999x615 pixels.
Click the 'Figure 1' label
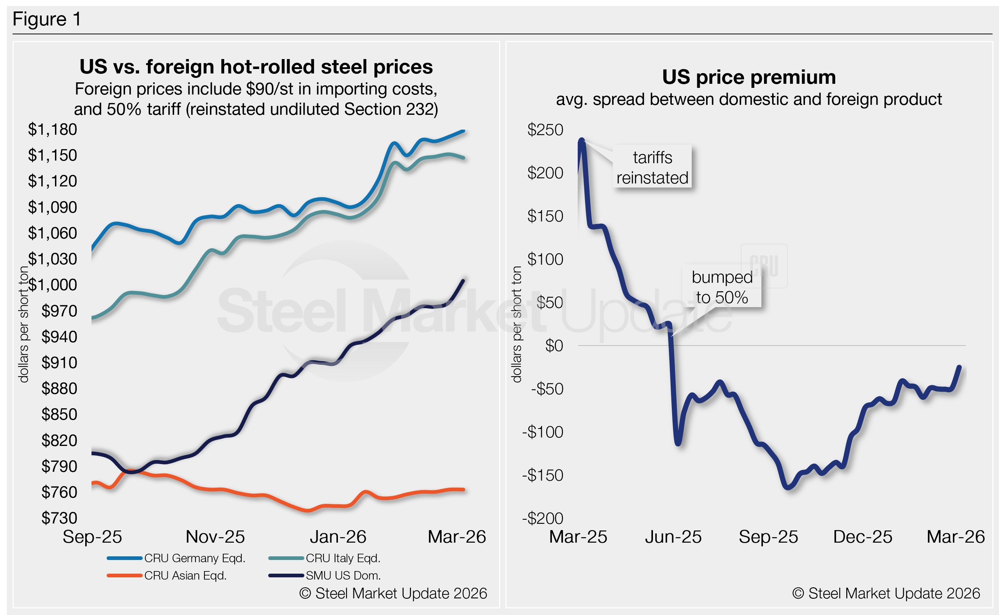[x=47, y=19]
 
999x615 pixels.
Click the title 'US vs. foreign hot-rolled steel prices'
[x=256, y=67]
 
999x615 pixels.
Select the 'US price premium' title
[x=749, y=77]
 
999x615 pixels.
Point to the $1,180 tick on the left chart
[x=52, y=129]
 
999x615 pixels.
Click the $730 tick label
[x=59, y=518]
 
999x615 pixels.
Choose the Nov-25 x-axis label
[x=215, y=537]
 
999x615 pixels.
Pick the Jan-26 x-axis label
[x=338, y=537]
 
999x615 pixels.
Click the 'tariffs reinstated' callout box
[x=652, y=167]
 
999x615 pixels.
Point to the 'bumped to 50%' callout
[x=722, y=287]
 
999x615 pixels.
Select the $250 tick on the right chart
[x=545, y=130]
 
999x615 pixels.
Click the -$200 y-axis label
[x=543, y=518]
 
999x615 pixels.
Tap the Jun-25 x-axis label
[x=673, y=537]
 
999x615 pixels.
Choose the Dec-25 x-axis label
[x=863, y=537]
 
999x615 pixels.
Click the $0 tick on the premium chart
[x=554, y=346]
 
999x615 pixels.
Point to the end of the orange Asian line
[x=464, y=490]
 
